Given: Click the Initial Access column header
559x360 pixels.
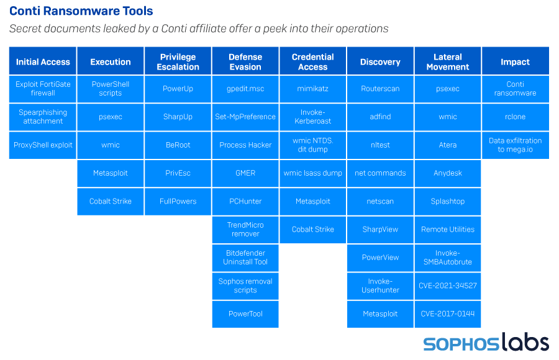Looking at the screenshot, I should (x=43, y=61).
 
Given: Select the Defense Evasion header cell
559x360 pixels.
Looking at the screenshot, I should (x=245, y=61).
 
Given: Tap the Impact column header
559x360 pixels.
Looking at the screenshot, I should (x=515, y=61).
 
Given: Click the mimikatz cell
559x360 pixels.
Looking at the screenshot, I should (x=313, y=89).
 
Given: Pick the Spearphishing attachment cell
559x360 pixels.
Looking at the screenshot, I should (x=43, y=117).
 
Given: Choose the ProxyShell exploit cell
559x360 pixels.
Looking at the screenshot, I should (x=43, y=145).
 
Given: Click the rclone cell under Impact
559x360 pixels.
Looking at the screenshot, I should (x=515, y=117).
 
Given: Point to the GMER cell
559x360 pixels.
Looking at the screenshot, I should (x=245, y=173).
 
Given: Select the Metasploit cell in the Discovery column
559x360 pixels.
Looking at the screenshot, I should (x=380, y=313).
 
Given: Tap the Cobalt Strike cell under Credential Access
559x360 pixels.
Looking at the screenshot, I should (x=313, y=229).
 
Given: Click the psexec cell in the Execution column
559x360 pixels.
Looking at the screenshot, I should (x=111, y=117).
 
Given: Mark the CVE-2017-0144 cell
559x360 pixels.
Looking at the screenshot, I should (x=448, y=313).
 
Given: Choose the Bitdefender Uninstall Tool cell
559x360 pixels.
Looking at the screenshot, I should (x=245, y=258).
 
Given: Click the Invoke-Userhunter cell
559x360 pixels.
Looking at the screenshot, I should (x=380, y=286).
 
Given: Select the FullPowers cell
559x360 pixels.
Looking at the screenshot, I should (x=178, y=201).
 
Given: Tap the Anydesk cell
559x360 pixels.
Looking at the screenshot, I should (x=448, y=173).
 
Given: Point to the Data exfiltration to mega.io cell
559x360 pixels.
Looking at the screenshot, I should (x=515, y=145).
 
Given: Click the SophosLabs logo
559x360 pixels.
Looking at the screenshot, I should (x=486, y=343).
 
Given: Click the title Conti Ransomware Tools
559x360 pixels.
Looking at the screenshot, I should (x=81, y=11).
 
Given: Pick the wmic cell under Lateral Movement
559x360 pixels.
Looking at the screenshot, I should (x=448, y=117).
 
